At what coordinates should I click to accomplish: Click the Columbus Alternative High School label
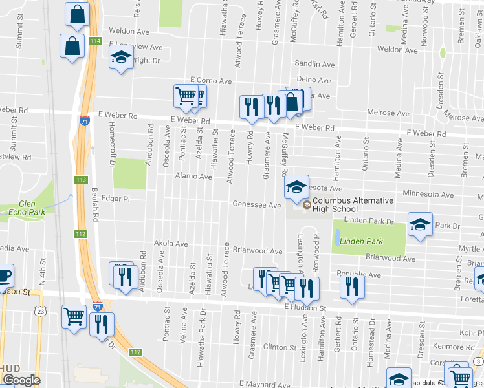tap(335, 204)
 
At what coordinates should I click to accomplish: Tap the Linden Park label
tap(364, 241)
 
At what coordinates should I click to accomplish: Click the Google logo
tap(21, 380)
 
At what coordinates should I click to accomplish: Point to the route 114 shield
tap(96, 41)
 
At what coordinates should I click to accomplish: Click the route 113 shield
tap(81, 180)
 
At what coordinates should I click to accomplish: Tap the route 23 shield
tap(40, 311)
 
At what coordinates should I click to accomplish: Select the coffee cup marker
tap(4, 276)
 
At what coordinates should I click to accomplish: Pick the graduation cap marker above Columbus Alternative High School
tap(296, 188)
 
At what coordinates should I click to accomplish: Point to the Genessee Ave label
tap(257, 205)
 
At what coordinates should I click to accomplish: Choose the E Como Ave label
tap(210, 81)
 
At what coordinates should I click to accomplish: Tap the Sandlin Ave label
tap(314, 65)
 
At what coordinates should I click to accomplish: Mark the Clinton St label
tap(280, 347)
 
